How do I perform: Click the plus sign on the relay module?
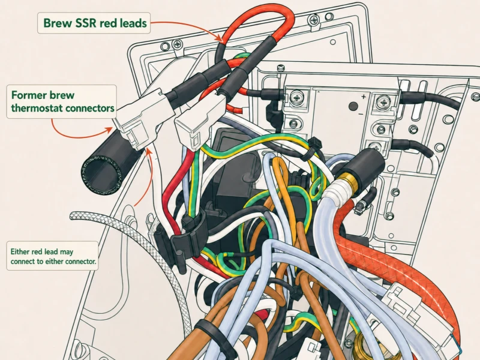point(364,97)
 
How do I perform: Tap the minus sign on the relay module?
point(361,115)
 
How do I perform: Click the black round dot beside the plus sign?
point(353,107)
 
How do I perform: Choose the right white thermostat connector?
point(199,122)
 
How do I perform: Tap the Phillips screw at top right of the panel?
point(314,20)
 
